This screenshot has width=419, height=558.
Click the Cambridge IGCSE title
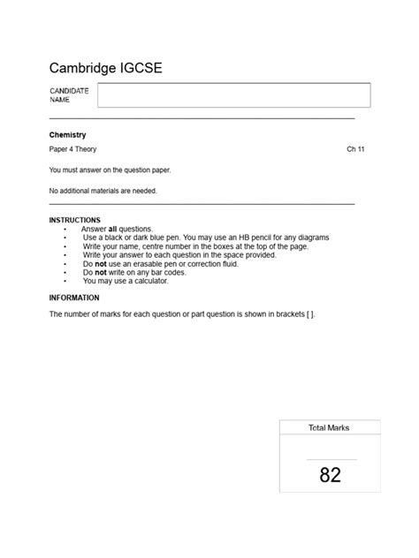105,68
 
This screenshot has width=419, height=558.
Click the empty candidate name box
233,96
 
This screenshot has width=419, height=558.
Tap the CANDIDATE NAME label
70,96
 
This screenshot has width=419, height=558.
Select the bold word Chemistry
67,134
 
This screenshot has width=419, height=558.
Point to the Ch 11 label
355,149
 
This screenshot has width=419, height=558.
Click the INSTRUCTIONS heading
74,220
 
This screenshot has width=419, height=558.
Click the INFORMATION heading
74,298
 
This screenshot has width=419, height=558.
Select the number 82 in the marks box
330,475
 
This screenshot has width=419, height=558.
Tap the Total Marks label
329,427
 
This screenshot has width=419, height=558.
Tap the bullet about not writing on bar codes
133,272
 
